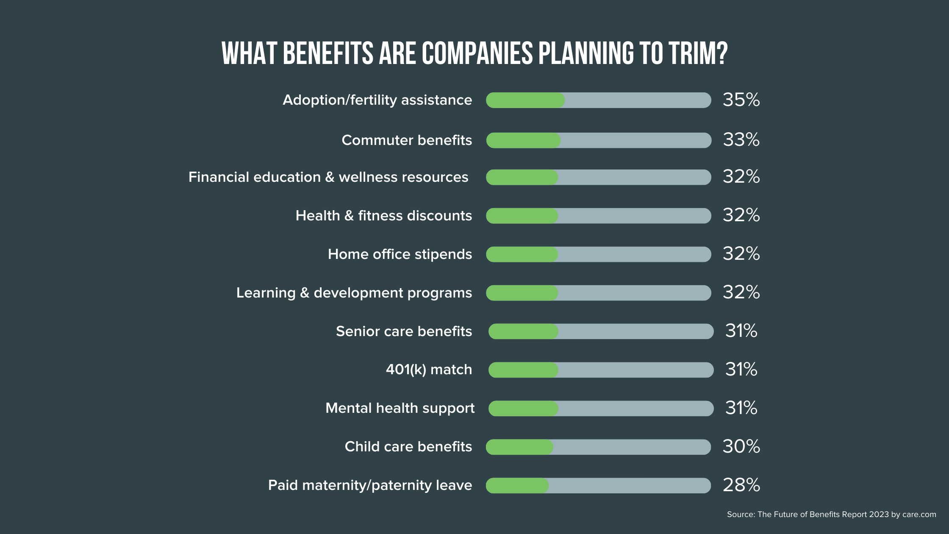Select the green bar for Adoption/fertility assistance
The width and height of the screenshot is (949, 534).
(525, 100)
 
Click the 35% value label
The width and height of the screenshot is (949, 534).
(741, 100)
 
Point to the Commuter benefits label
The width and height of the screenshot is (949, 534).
(407, 140)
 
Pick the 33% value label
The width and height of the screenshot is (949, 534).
(741, 140)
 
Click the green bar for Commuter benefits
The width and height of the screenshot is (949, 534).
(523, 140)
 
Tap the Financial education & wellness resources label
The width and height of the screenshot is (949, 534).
(328, 177)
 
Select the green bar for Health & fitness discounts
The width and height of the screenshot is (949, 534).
(522, 216)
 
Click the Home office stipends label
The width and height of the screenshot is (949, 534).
(400, 254)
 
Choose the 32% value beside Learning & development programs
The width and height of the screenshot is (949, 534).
(741, 292)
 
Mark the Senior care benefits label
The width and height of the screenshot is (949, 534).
(404, 331)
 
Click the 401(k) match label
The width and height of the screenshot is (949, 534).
(429, 370)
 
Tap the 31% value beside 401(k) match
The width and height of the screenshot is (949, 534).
(741, 370)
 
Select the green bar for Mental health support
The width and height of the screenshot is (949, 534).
(523, 409)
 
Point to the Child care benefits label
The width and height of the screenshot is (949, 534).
(408, 447)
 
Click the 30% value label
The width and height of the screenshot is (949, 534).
(741, 447)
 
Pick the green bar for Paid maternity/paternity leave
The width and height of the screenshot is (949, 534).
(517, 486)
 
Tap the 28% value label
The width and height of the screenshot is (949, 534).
(741, 485)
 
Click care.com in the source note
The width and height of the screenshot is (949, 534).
(919, 515)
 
